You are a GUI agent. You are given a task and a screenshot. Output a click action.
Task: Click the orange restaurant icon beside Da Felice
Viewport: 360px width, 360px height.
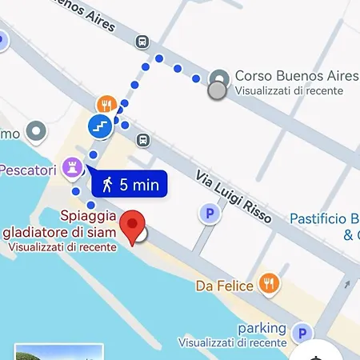coord(270,283)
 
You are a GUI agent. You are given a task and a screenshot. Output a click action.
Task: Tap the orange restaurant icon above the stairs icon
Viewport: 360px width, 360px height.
coord(106,105)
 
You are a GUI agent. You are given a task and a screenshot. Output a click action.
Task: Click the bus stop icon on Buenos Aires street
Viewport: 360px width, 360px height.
coord(142,42)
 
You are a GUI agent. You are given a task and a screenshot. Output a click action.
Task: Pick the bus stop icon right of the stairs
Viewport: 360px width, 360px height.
coord(142,140)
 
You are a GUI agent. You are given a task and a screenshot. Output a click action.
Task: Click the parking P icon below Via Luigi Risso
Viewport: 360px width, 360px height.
coord(209,214)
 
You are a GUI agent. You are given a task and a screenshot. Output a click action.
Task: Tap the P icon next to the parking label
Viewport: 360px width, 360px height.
coord(302,334)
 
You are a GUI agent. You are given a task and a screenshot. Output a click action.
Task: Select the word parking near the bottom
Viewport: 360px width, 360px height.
coord(262,328)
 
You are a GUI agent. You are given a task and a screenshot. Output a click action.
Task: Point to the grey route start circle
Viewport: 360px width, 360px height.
coord(216,90)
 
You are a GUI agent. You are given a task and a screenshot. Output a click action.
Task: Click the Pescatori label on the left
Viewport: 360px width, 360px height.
coord(28,170)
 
